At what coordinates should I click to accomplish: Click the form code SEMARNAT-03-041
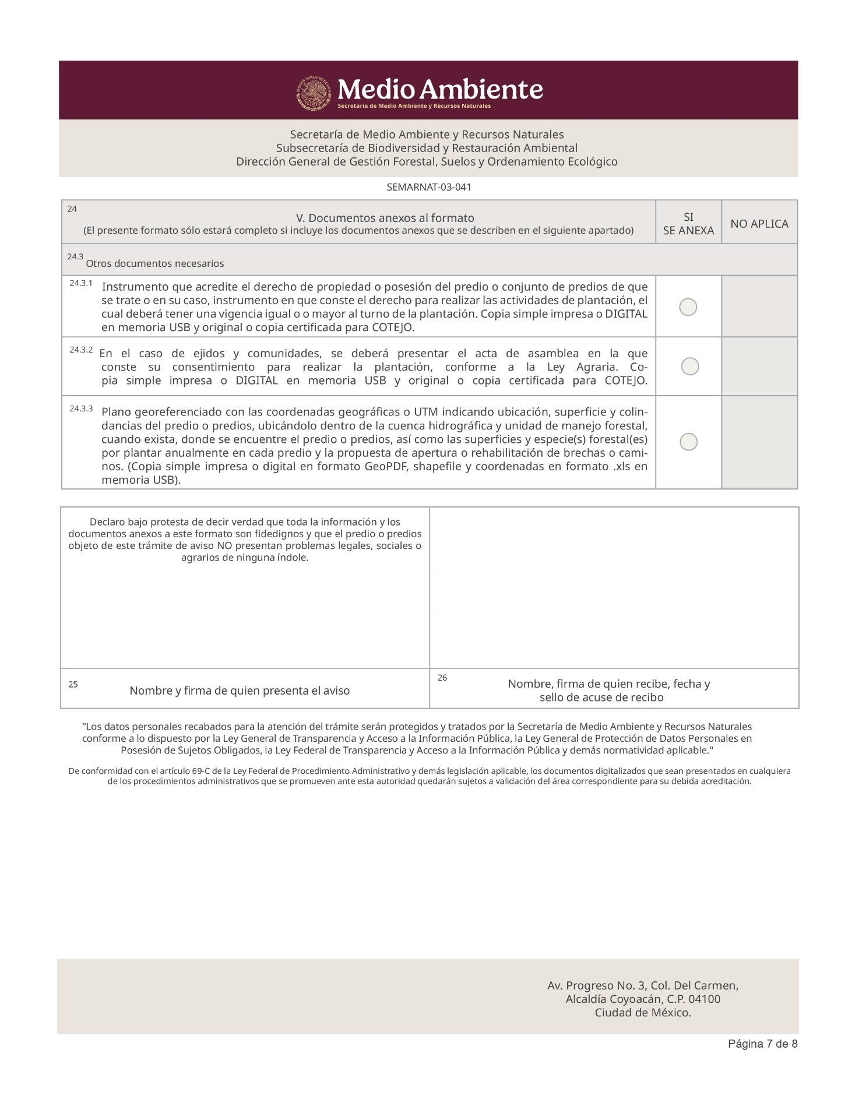(429, 188)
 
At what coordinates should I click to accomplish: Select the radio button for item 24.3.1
(688, 307)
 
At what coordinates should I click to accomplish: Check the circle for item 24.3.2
(690, 367)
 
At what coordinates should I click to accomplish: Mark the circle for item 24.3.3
(689, 442)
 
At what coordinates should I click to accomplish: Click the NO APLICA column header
(759, 224)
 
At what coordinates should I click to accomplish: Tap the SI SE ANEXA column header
(688, 224)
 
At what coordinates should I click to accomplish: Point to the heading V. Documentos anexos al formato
(385, 218)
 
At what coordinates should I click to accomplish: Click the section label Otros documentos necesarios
(155, 263)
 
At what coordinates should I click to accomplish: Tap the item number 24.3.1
(81, 283)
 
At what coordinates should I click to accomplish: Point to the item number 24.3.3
(81, 409)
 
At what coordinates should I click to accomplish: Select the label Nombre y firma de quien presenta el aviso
(240, 691)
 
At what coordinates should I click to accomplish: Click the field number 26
(442, 678)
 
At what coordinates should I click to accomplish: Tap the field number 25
(73, 685)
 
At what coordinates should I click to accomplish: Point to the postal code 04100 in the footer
(705, 999)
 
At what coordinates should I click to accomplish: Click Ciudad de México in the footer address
(643, 1013)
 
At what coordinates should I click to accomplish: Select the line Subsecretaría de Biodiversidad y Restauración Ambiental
(427, 148)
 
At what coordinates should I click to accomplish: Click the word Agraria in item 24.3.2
(596, 367)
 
